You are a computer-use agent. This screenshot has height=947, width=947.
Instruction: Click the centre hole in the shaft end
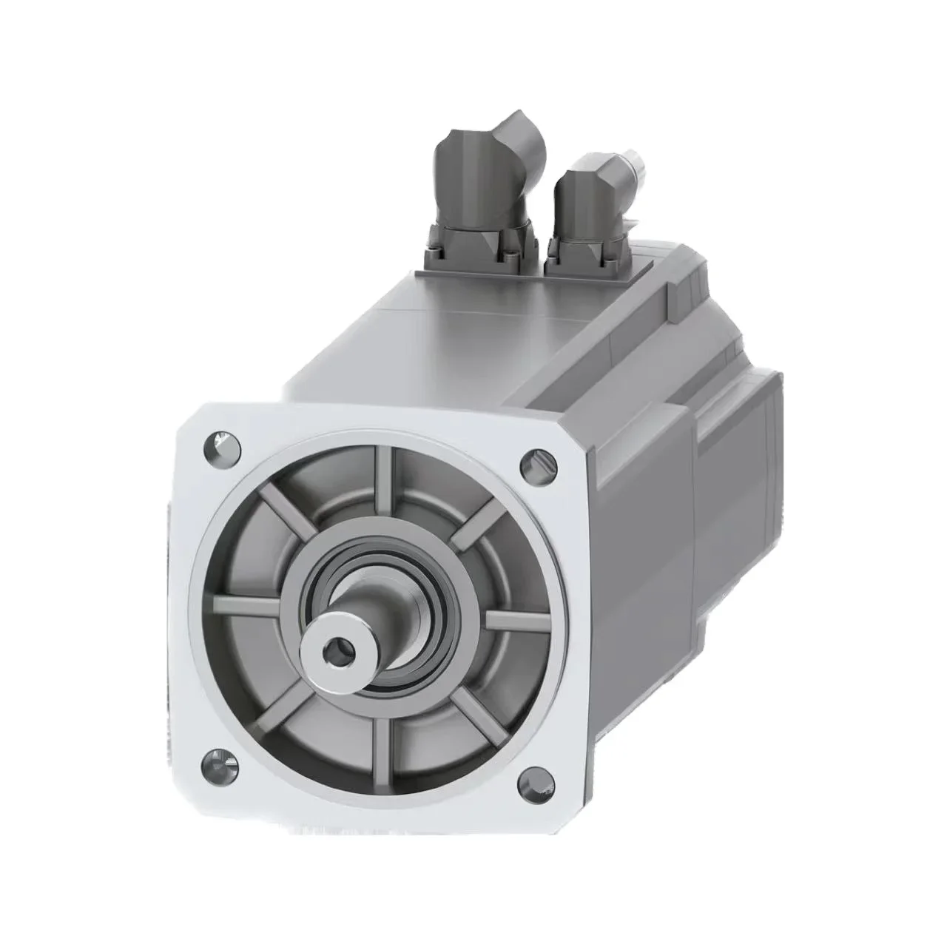click(x=337, y=651)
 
